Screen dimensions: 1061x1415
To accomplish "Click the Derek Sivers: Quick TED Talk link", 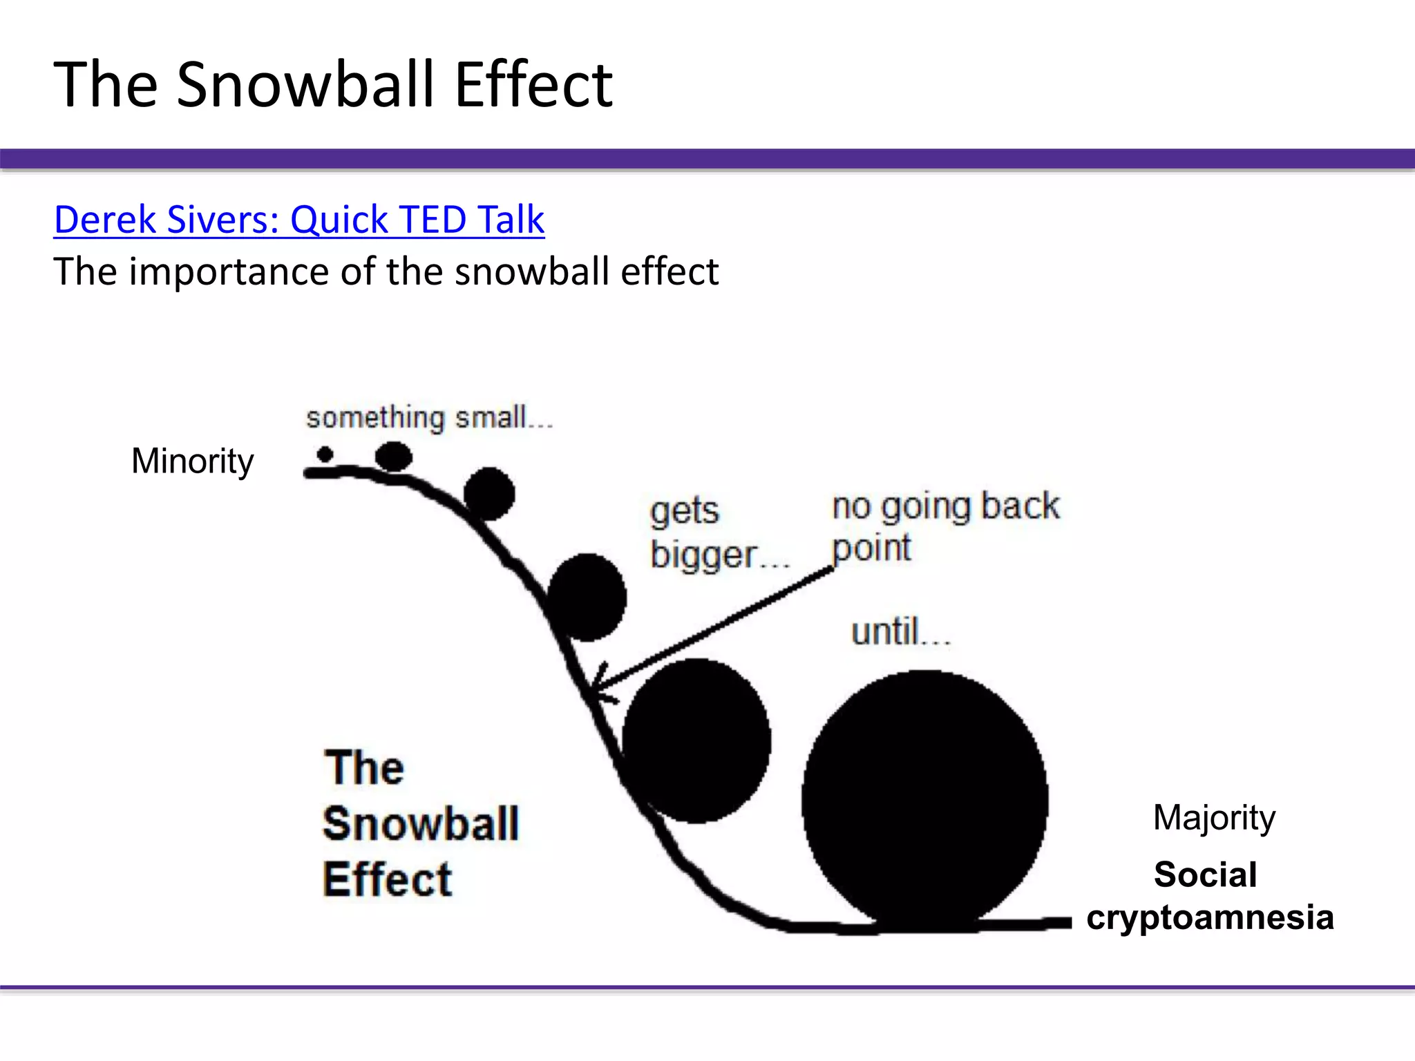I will [299, 220].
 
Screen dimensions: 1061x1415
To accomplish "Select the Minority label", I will [192, 461].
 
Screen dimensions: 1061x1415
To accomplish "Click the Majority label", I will [1214, 818].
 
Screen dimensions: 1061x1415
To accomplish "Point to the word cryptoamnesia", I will [1210, 917].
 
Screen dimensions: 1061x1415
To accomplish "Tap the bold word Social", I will [1205, 874].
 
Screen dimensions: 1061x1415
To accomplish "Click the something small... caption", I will [430, 418].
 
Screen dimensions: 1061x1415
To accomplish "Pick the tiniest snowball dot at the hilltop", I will [325, 455].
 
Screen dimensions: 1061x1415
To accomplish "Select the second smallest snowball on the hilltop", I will [394, 457].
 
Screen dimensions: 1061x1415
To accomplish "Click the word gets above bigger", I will [684, 511].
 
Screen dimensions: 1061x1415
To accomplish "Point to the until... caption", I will [900, 632].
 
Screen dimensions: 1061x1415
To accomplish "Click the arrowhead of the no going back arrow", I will [598, 687].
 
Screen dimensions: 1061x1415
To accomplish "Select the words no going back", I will [945, 506].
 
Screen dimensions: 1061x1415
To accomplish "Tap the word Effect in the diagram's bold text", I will [388, 879].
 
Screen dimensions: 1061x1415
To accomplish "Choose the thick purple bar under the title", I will [707, 158].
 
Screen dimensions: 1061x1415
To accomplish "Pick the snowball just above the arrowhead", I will [587, 598].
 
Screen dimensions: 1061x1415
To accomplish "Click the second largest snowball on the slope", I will [696, 740].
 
